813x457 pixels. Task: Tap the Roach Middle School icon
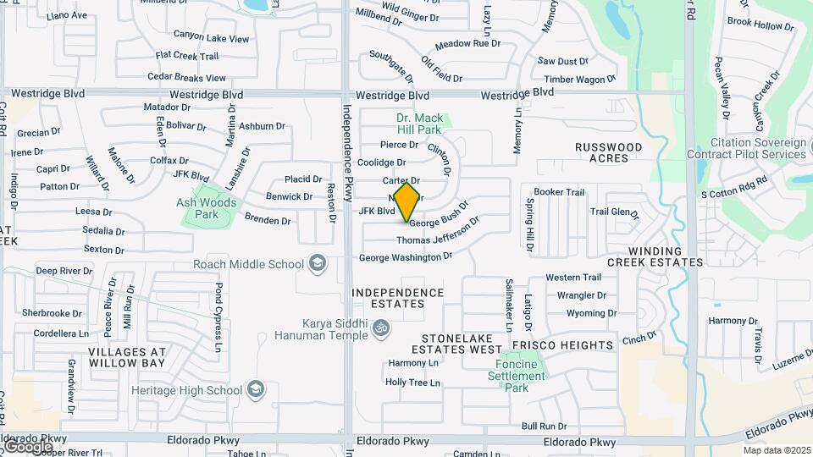(318, 264)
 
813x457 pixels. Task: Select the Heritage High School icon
(256, 390)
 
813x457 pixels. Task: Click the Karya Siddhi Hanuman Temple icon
(381, 328)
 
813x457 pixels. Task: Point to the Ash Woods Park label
(207, 208)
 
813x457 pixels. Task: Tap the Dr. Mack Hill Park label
(419, 124)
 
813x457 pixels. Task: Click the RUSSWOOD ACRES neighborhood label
(608, 152)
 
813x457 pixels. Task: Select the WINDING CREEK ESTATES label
(666, 256)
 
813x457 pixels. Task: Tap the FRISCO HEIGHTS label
(561, 345)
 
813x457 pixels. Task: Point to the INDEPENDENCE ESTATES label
(398, 298)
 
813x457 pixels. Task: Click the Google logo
(28, 446)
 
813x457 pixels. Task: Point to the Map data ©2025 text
(777, 450)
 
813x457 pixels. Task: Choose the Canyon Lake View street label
(211, 37)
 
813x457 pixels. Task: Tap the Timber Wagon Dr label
(579, 80)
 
